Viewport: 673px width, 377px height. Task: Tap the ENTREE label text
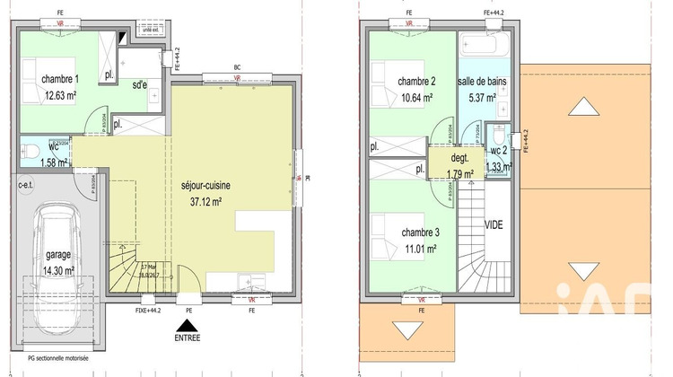(188, 338)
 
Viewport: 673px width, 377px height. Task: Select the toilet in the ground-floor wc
(29, 149)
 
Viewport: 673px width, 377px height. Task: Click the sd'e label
(139, 86)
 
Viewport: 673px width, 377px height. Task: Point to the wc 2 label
(500, 150)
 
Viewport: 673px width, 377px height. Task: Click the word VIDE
(494, 224)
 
